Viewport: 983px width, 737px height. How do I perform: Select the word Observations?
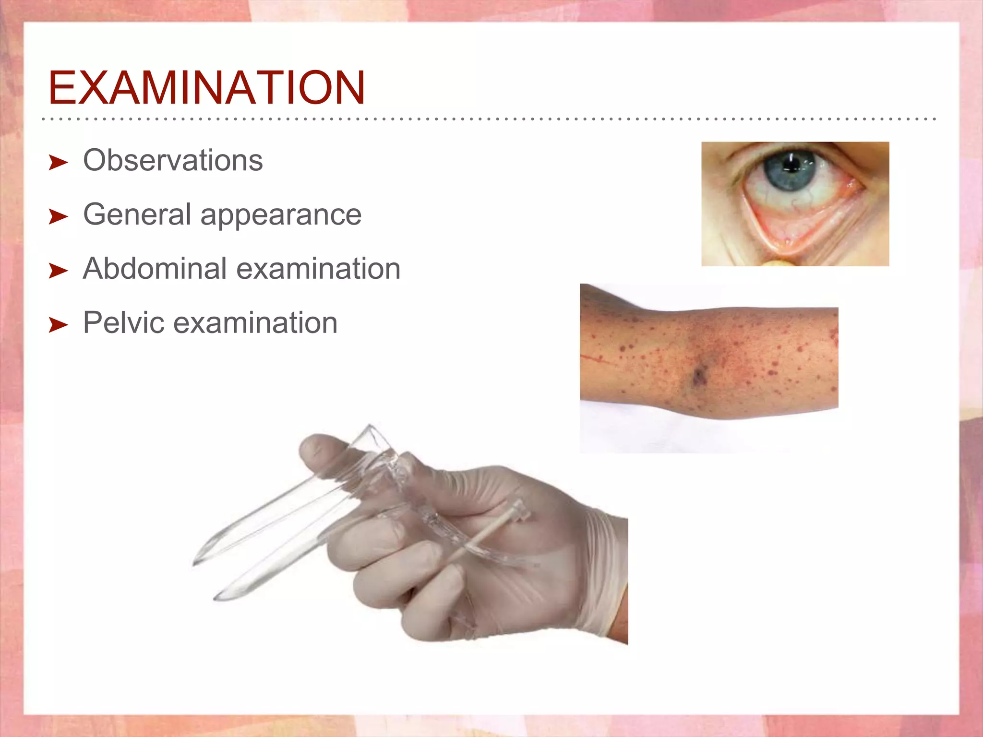173,160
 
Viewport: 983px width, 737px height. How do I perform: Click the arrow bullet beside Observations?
59,163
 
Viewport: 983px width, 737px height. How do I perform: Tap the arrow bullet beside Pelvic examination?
59,325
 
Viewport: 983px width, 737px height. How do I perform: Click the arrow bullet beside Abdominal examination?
59,271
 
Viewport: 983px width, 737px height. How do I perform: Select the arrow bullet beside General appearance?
59,217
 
